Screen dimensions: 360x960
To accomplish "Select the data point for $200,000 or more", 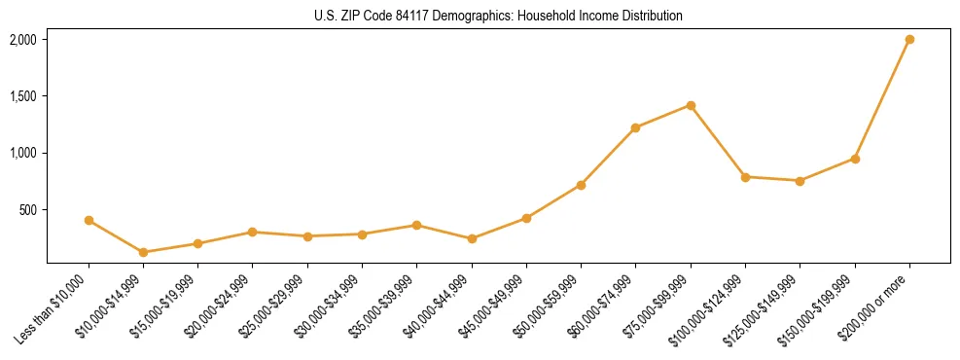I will tap(909, 39).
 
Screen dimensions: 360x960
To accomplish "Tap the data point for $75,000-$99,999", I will tap(691, 105).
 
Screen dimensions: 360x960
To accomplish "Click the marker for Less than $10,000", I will tap(89, 220).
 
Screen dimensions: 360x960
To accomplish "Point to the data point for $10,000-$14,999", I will tap(143, 252).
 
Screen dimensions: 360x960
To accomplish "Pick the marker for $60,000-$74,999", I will tap(636, 127).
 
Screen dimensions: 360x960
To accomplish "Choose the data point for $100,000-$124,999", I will tap(745, 177).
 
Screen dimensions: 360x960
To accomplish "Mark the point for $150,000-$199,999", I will tap(855, 159).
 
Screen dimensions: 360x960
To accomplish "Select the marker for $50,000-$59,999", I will tap(581, 185).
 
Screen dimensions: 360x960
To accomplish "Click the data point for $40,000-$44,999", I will tap(472, 238).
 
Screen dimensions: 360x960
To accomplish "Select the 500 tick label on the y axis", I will tap(27, 209).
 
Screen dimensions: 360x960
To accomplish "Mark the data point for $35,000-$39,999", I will tap(416, 225).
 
